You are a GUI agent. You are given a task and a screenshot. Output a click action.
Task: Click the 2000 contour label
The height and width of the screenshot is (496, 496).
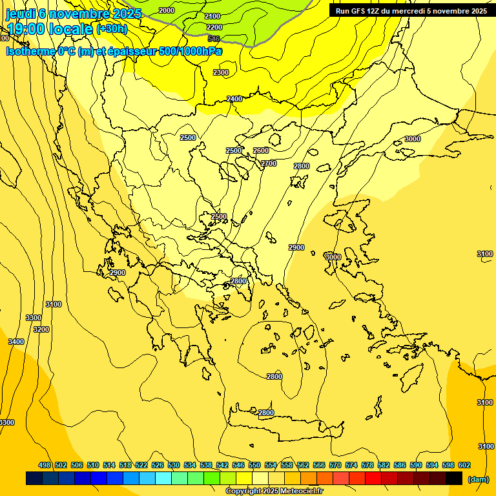[x=167, y=10]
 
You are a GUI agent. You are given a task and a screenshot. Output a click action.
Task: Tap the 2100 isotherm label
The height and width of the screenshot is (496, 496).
[x=212, y=16]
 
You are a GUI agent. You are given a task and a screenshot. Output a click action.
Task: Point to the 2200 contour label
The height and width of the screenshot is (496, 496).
[x=214, y=27]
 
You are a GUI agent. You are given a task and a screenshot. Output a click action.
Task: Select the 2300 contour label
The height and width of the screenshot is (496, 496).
[x=221, y=72]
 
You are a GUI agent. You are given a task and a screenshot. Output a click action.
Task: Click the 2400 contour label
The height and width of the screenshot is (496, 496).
[x=234, y=99]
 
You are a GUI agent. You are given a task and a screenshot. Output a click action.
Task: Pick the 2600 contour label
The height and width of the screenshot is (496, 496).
[x=261, y=150]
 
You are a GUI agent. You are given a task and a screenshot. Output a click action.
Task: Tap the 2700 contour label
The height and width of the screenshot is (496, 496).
[x=269, y=163]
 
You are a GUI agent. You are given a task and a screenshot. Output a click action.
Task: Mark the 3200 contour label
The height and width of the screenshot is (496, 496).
[x=41, y=329]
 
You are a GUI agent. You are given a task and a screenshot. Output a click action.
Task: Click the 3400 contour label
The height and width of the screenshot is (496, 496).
[x=16, y=342]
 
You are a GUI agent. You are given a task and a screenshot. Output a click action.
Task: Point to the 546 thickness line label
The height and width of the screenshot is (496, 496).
[x=214, y=39]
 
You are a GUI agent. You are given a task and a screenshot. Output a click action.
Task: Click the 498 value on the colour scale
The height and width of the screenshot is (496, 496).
[x=45, y=465]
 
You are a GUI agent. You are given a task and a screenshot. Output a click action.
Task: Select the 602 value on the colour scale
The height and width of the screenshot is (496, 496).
[x=464, y=465]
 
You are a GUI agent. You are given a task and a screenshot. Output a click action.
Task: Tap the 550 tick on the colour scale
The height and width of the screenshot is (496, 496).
[x=254, y=465]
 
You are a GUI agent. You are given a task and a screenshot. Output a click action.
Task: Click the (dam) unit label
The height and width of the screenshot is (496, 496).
[x=478, y=479]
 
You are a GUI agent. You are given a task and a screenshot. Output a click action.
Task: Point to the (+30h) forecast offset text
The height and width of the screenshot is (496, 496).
[x=112, y=29]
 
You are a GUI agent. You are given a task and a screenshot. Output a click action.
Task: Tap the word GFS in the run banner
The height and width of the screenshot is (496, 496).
[x=361, y=11]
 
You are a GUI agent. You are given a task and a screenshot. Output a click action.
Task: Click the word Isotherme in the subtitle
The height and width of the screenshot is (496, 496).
[x=30, y=51]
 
